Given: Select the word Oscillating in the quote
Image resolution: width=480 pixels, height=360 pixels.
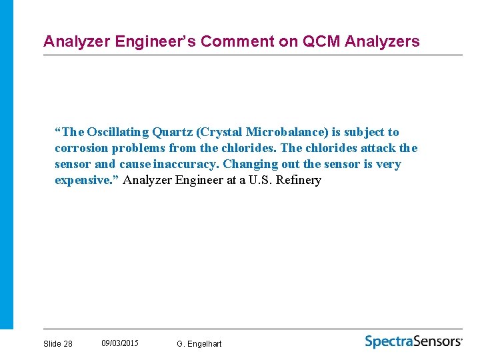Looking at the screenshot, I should [x=117, y=132].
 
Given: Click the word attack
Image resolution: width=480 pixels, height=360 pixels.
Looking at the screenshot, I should [x=378, y=148].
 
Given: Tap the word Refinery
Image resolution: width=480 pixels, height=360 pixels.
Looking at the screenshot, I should [x=299, y=180].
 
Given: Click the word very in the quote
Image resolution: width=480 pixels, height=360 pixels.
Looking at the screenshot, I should [x=388, y=164].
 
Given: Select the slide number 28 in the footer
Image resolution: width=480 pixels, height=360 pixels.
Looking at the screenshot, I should [x=68, y=343].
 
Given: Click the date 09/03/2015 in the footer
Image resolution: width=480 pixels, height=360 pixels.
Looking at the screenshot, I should [x=120, y=343].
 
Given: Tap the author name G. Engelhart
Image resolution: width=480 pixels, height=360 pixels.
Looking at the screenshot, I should [x=199, y=343].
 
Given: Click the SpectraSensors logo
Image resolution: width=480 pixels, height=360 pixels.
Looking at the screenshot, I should [x=413, y=341].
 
